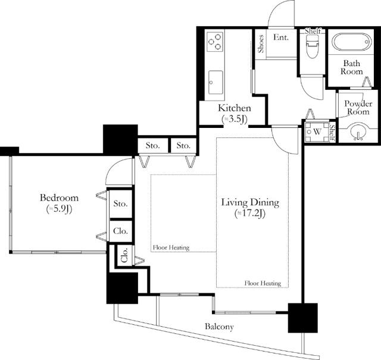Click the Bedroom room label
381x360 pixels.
click(59, 198)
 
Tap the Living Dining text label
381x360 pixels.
click(250, 203)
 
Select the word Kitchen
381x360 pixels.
click(234, 108)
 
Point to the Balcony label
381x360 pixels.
click(219, 327)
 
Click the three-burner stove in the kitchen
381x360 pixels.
click(215, 42)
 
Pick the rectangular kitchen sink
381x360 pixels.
click(215, 82)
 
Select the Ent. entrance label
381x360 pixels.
click(281, 37)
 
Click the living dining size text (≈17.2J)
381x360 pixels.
click(250, 214)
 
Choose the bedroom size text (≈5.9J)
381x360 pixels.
click(59, 209)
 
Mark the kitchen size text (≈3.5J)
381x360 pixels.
click(234, 119)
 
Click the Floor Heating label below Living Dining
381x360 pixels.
click(263, 283)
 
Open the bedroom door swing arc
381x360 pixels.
click(117, 173)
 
